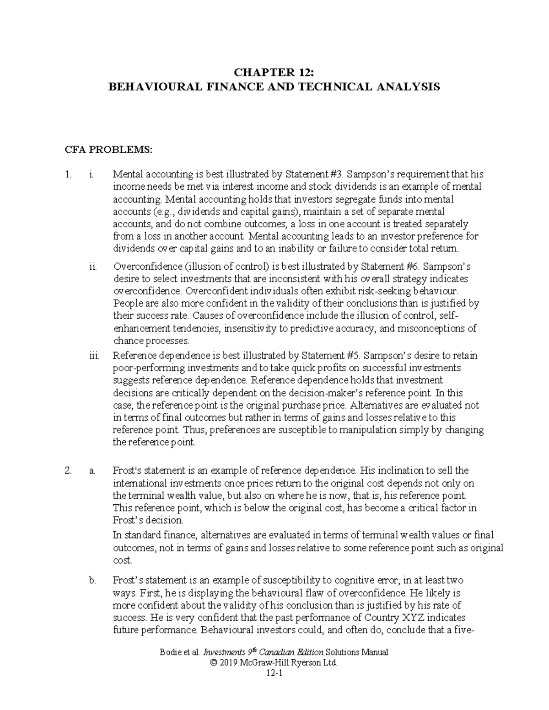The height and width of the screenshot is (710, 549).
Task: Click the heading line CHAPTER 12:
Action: [x=274, y=72]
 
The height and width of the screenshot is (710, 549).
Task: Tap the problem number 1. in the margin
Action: [x=69, y=175]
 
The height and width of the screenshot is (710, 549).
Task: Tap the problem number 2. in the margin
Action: [x=69, y=470]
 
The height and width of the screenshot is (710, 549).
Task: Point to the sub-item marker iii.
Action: [x=93, y=356]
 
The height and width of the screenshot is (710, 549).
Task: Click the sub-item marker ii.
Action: [x=93, y=267]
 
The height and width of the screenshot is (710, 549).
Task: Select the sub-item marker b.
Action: [x=93, y=581]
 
